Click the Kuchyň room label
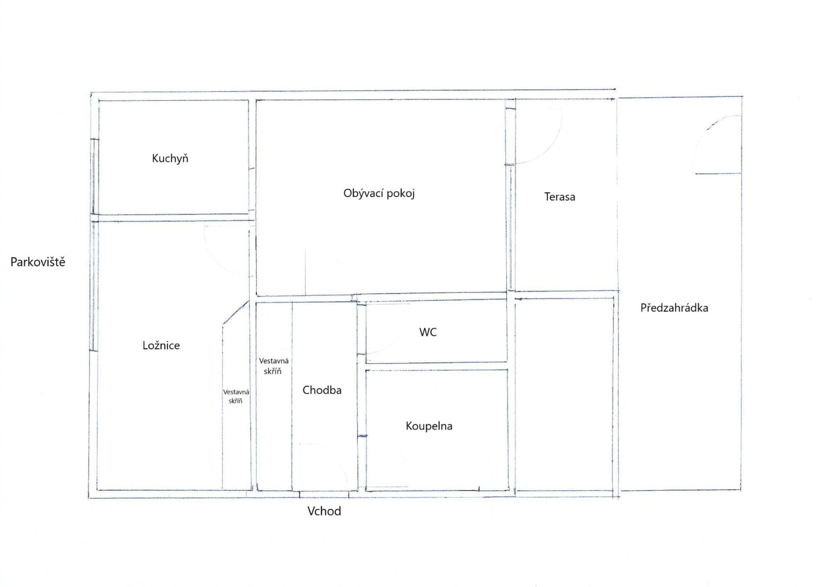[x=170, y=158]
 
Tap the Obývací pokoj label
[x=379, y=193]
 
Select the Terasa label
[x=560, y=197]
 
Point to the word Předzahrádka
[x=674, y=308]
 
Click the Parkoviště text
[x=38, y=262]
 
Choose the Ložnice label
[x=161, y=345]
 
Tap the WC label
[x=428, y=332]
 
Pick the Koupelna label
[x=429, y=426]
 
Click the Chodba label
[x=322, y=390]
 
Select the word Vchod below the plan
[x=324, y=511]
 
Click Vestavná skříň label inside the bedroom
[x=236, y=396]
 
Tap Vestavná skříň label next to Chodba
[x=273, y=366]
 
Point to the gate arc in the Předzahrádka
[x=706, y=134]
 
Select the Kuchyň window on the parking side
[x=95, y=177]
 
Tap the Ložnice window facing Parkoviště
[x=94, y=286]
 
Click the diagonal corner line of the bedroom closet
[x=235, y=313]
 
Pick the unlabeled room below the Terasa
[x=564, y=394]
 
